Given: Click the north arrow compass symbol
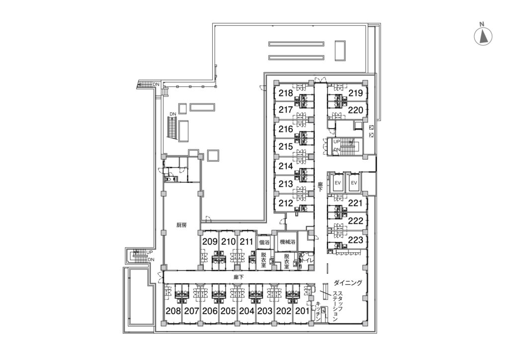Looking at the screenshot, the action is (x=483, y=36).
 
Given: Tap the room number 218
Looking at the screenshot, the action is (x=286, y=93).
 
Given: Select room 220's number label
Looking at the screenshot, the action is (x=355, y=110).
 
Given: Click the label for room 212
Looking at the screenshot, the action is (x=286, y=203).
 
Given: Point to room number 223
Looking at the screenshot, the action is (x=355, y=240).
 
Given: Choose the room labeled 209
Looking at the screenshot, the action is (x=210, y=242).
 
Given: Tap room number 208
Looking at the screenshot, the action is (x=173, y=311).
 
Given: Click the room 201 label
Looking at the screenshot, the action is (x=302, y=311).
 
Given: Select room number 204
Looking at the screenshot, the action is (x=247, y=311).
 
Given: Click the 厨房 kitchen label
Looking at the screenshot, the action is (x=181, y=225).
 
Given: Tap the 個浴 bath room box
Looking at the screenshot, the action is (x=264, y=242).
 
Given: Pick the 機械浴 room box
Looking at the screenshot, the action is (x=287, y=242).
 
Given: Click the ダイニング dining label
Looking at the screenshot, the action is (x=347, y=283).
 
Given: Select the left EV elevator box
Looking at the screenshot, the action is (x=338, y=183).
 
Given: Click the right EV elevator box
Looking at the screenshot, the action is (x=354, y=183).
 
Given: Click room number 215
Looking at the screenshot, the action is (x=286, y=147).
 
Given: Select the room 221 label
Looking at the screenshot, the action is (x=355, y=203).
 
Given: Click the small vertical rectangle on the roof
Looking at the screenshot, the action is (x=340, y=50).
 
